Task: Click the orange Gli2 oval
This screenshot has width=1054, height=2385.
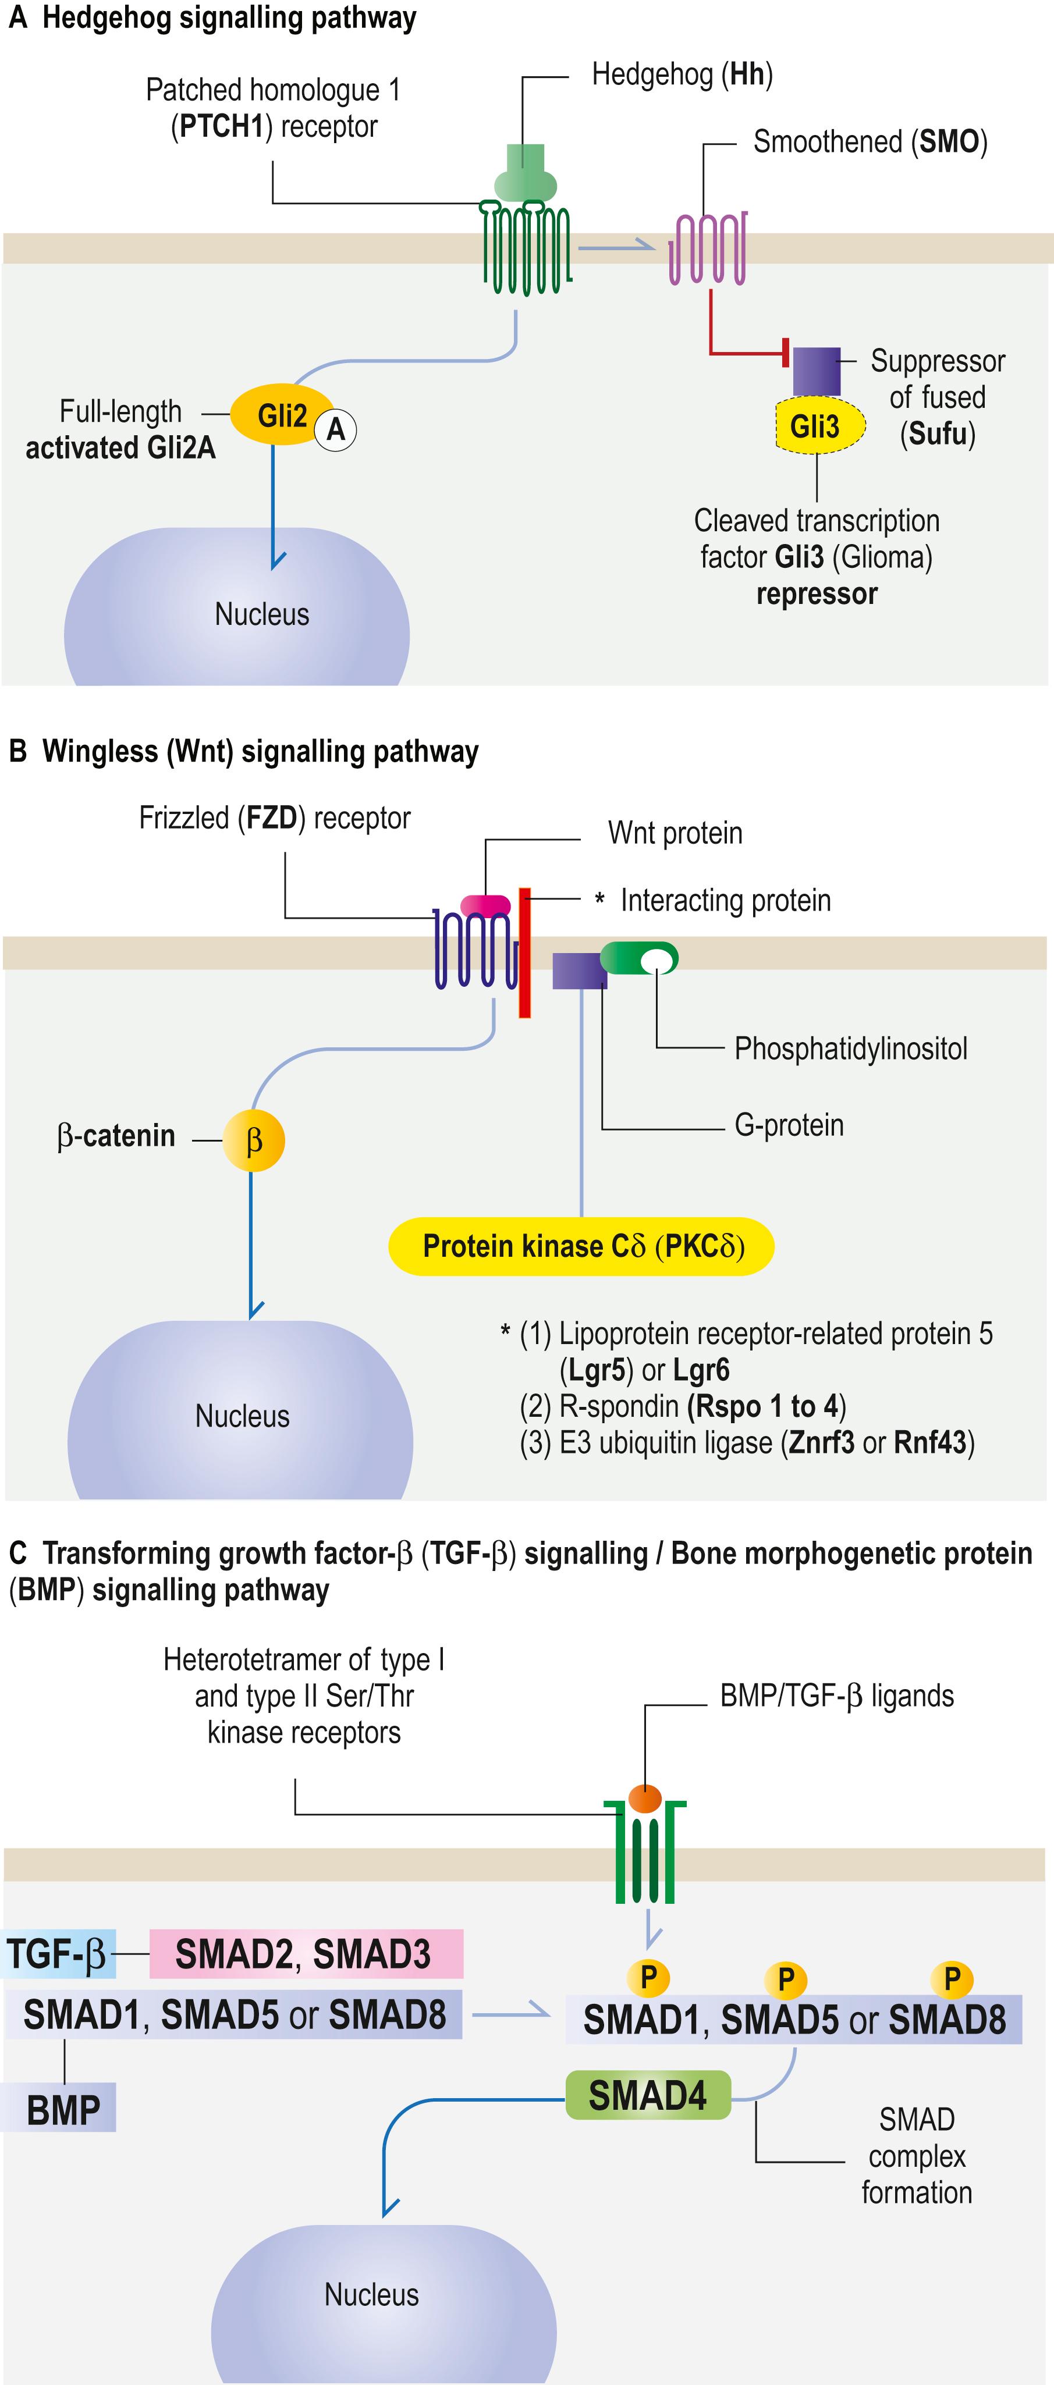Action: point(281,415)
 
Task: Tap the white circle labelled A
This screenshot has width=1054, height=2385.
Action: point(335,429)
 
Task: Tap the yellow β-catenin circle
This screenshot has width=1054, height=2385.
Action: point(253,1140)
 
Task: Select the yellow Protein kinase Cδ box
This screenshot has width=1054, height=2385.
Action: point(581,1246)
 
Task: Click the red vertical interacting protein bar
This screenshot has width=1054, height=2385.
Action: point(524,952)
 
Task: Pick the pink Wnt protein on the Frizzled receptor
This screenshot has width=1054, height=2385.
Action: point(485,905)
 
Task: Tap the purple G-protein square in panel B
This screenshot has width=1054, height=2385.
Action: point(579,971)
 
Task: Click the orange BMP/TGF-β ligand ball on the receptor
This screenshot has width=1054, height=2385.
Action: point(645,1798)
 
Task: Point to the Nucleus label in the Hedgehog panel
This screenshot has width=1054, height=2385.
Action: point(262,614)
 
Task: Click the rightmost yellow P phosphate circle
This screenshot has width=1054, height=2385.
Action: point(951,1978)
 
